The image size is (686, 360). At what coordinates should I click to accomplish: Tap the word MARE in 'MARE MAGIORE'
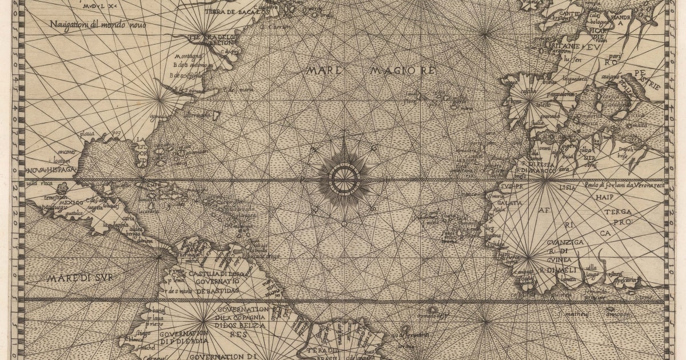point(324,71)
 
